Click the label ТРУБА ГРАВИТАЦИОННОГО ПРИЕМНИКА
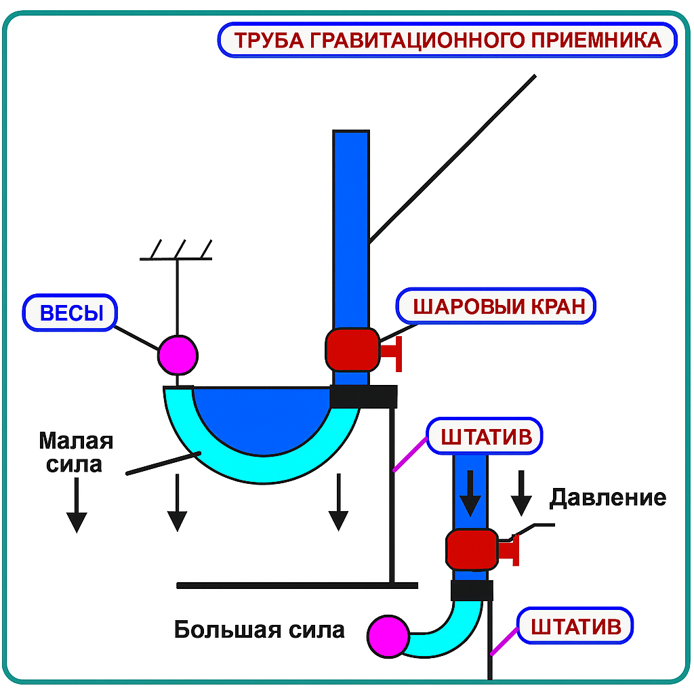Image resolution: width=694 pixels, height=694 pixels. click(x=447, y=40)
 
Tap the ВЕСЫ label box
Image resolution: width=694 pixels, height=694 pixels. click(x=70, y=313)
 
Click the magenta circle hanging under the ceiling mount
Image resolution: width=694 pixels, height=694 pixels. click(x=178, y=354)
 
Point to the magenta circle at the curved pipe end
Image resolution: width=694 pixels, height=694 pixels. click(x=389, y=636)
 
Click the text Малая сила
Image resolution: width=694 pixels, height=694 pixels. click(x=75, y=452)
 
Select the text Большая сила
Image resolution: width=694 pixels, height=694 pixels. click(x=260, y=630)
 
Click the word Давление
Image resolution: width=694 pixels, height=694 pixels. click(x=607, y=498)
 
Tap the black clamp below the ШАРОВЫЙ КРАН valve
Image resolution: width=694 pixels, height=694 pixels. click(x=363, y=396)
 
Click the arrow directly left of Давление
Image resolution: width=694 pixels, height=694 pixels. click(x=521, y=493)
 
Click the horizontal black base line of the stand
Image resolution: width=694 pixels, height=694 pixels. click(x=297, y=585)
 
